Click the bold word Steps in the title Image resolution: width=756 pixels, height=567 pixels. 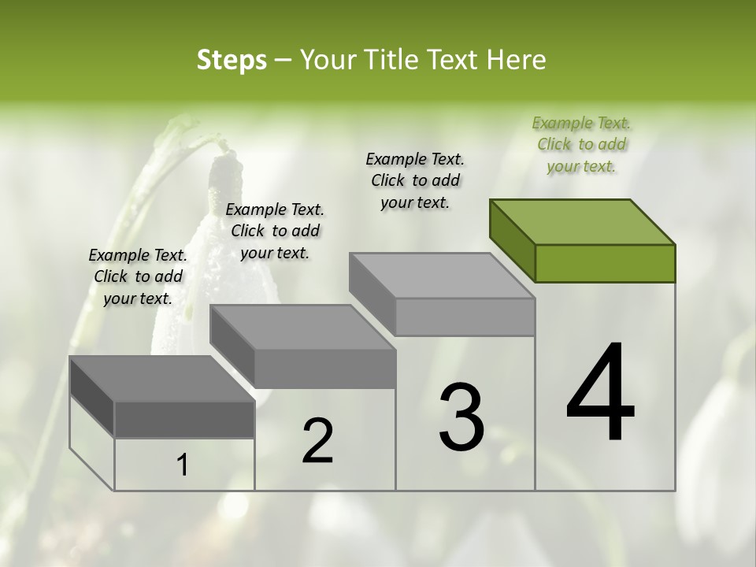click(232, 60)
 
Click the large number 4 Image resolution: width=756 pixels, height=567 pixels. click(600, 393)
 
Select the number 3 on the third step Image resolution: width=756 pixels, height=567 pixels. click(461, 417)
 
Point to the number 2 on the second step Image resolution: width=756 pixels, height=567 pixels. click(318, 441)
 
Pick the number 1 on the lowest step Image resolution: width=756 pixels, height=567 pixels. click(183, 465)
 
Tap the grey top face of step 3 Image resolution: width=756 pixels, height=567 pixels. click(441, 276)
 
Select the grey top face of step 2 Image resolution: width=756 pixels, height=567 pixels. click(302, 327)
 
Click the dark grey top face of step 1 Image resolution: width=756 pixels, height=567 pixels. click(161, 379)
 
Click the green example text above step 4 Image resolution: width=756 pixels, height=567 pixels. click(581, 144)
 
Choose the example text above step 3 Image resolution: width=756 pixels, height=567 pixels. click(415, 180)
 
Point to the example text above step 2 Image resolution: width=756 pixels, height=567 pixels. click(275, 231)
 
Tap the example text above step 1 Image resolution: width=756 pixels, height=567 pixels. click(138, 276)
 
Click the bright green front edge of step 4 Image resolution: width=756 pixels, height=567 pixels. click(605, 263)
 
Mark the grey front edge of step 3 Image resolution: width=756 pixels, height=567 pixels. click(465, 317)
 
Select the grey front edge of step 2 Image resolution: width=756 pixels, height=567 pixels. click(324, 369)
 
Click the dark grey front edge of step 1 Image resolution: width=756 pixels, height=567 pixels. click(184, 420)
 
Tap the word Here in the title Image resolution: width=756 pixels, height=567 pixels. click(517, 60)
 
